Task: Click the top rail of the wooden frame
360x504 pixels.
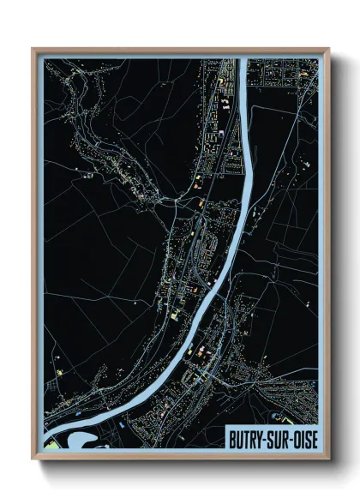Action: coord(180,50)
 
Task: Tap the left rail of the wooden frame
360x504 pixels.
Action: coord(34,257)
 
